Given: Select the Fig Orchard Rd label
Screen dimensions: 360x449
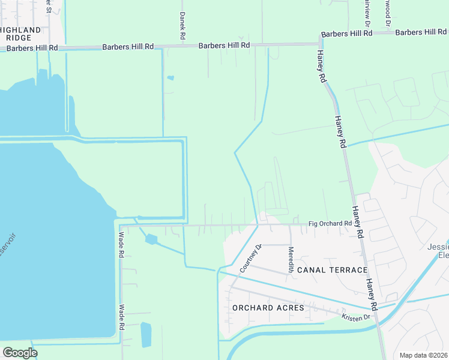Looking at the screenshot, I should pos(330,224).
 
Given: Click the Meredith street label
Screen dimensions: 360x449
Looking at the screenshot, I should pos(291,259).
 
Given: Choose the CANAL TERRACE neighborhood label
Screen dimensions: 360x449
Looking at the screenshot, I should pos(332,270).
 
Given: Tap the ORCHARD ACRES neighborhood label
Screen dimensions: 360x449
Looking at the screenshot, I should pos(268,308).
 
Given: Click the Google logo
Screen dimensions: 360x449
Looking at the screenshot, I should pos(20,352).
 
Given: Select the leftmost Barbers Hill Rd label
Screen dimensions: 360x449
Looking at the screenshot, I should pos(29,47).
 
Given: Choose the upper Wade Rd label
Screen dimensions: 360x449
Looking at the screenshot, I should pos(121,245).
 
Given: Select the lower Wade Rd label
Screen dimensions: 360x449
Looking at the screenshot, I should pos(121,317).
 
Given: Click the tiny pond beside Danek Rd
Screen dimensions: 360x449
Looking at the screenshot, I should pos(170,77).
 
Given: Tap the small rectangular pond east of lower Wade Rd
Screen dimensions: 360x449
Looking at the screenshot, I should pos(146,335).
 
